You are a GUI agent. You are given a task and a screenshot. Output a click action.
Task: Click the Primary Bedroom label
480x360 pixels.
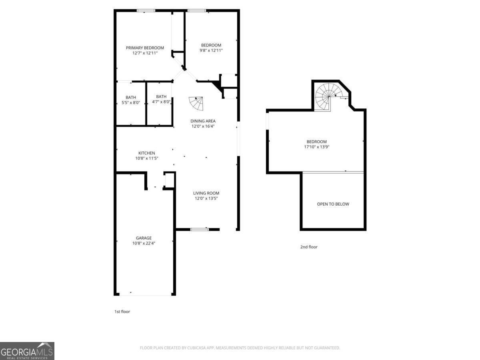click(x=145, y=48)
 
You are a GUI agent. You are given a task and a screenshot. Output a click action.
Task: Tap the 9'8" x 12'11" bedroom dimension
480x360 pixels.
click(x=211, y=50)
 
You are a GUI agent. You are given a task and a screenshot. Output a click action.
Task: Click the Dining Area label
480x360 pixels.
click(x=203, y=121)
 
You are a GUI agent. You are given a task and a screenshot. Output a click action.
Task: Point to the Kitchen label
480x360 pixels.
click(x=146, y=153)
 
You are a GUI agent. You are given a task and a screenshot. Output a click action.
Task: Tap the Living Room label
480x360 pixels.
click(x=206, y=193)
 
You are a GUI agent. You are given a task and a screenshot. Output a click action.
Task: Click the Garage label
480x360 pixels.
click(x=144, y=238)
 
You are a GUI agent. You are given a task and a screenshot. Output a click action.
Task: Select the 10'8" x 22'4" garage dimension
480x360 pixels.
click(x=144, y=243)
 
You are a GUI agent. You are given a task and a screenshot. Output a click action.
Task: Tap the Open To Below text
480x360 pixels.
click(x=333, y=204)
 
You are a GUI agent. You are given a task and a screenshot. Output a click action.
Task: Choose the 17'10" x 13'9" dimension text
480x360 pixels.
click(x=317, y=147)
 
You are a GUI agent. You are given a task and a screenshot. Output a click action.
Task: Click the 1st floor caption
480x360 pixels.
click(x=122, y=312)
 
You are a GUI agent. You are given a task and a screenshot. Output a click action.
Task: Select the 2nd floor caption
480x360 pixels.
click(x=309, y=247)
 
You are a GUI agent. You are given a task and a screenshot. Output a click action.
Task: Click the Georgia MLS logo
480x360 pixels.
click(x=27, y=351)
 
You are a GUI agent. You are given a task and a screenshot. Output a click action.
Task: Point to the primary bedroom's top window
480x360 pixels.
click(x=146, y=10)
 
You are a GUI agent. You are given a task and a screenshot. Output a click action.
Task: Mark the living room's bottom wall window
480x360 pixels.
click(x=199, y=230)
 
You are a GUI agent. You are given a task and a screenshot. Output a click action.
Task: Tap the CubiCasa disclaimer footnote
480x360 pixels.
click(x=240, y=348)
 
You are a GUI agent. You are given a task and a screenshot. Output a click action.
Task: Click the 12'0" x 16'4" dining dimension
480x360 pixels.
click(x=203, y=126)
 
